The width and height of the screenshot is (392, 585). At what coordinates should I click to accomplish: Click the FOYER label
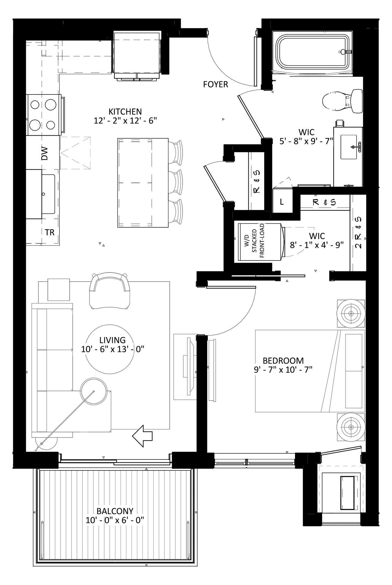pos(215,84)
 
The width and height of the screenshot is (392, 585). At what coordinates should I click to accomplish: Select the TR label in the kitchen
pos(50,232)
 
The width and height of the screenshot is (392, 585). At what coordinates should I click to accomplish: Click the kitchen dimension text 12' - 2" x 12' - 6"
pos(125,120)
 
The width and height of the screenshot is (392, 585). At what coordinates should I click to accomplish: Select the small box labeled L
pos(282,202)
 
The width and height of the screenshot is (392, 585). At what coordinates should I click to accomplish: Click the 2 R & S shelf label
pos(358,233)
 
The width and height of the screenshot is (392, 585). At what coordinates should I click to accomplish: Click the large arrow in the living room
pos(142,436)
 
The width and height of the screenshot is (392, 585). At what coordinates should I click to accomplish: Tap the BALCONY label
pos(115,511)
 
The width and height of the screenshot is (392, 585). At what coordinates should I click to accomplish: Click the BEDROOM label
pos(283,361)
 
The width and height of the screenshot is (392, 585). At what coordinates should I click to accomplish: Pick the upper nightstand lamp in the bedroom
pos(351,314)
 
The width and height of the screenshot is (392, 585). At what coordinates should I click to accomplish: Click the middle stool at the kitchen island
pos(176,182)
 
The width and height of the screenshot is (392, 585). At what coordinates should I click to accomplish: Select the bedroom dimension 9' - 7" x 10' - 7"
pos(283,370)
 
